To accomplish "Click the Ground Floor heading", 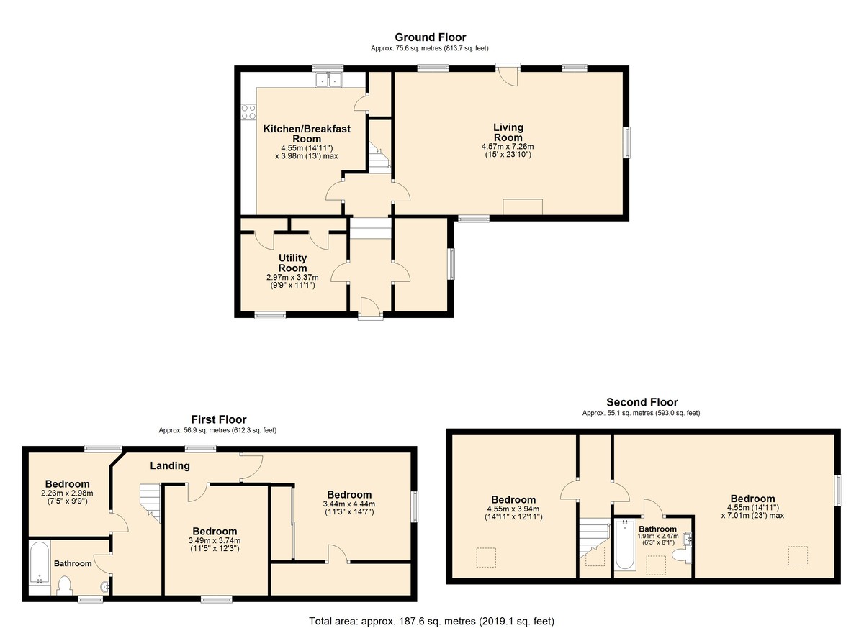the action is click(430, 37).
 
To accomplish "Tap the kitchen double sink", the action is click(329, 80).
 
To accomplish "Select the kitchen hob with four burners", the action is click(248, 112).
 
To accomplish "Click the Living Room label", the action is click(508, 132).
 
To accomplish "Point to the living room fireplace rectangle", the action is click(523, 207).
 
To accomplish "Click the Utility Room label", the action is click(292, 263).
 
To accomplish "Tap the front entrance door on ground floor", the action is click(371, 307).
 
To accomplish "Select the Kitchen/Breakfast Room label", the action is click(307, 134).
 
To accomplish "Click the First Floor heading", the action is click(219, 419).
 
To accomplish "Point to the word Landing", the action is click(170, 466).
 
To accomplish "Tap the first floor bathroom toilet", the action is click(64, 586).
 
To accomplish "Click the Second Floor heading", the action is click(642, 402).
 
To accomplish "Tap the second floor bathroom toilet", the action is click(682, 555).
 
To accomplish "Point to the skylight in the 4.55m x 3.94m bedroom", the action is click(486, 558).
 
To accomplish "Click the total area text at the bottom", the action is click(431, 621).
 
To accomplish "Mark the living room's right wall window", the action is click(628, 142).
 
